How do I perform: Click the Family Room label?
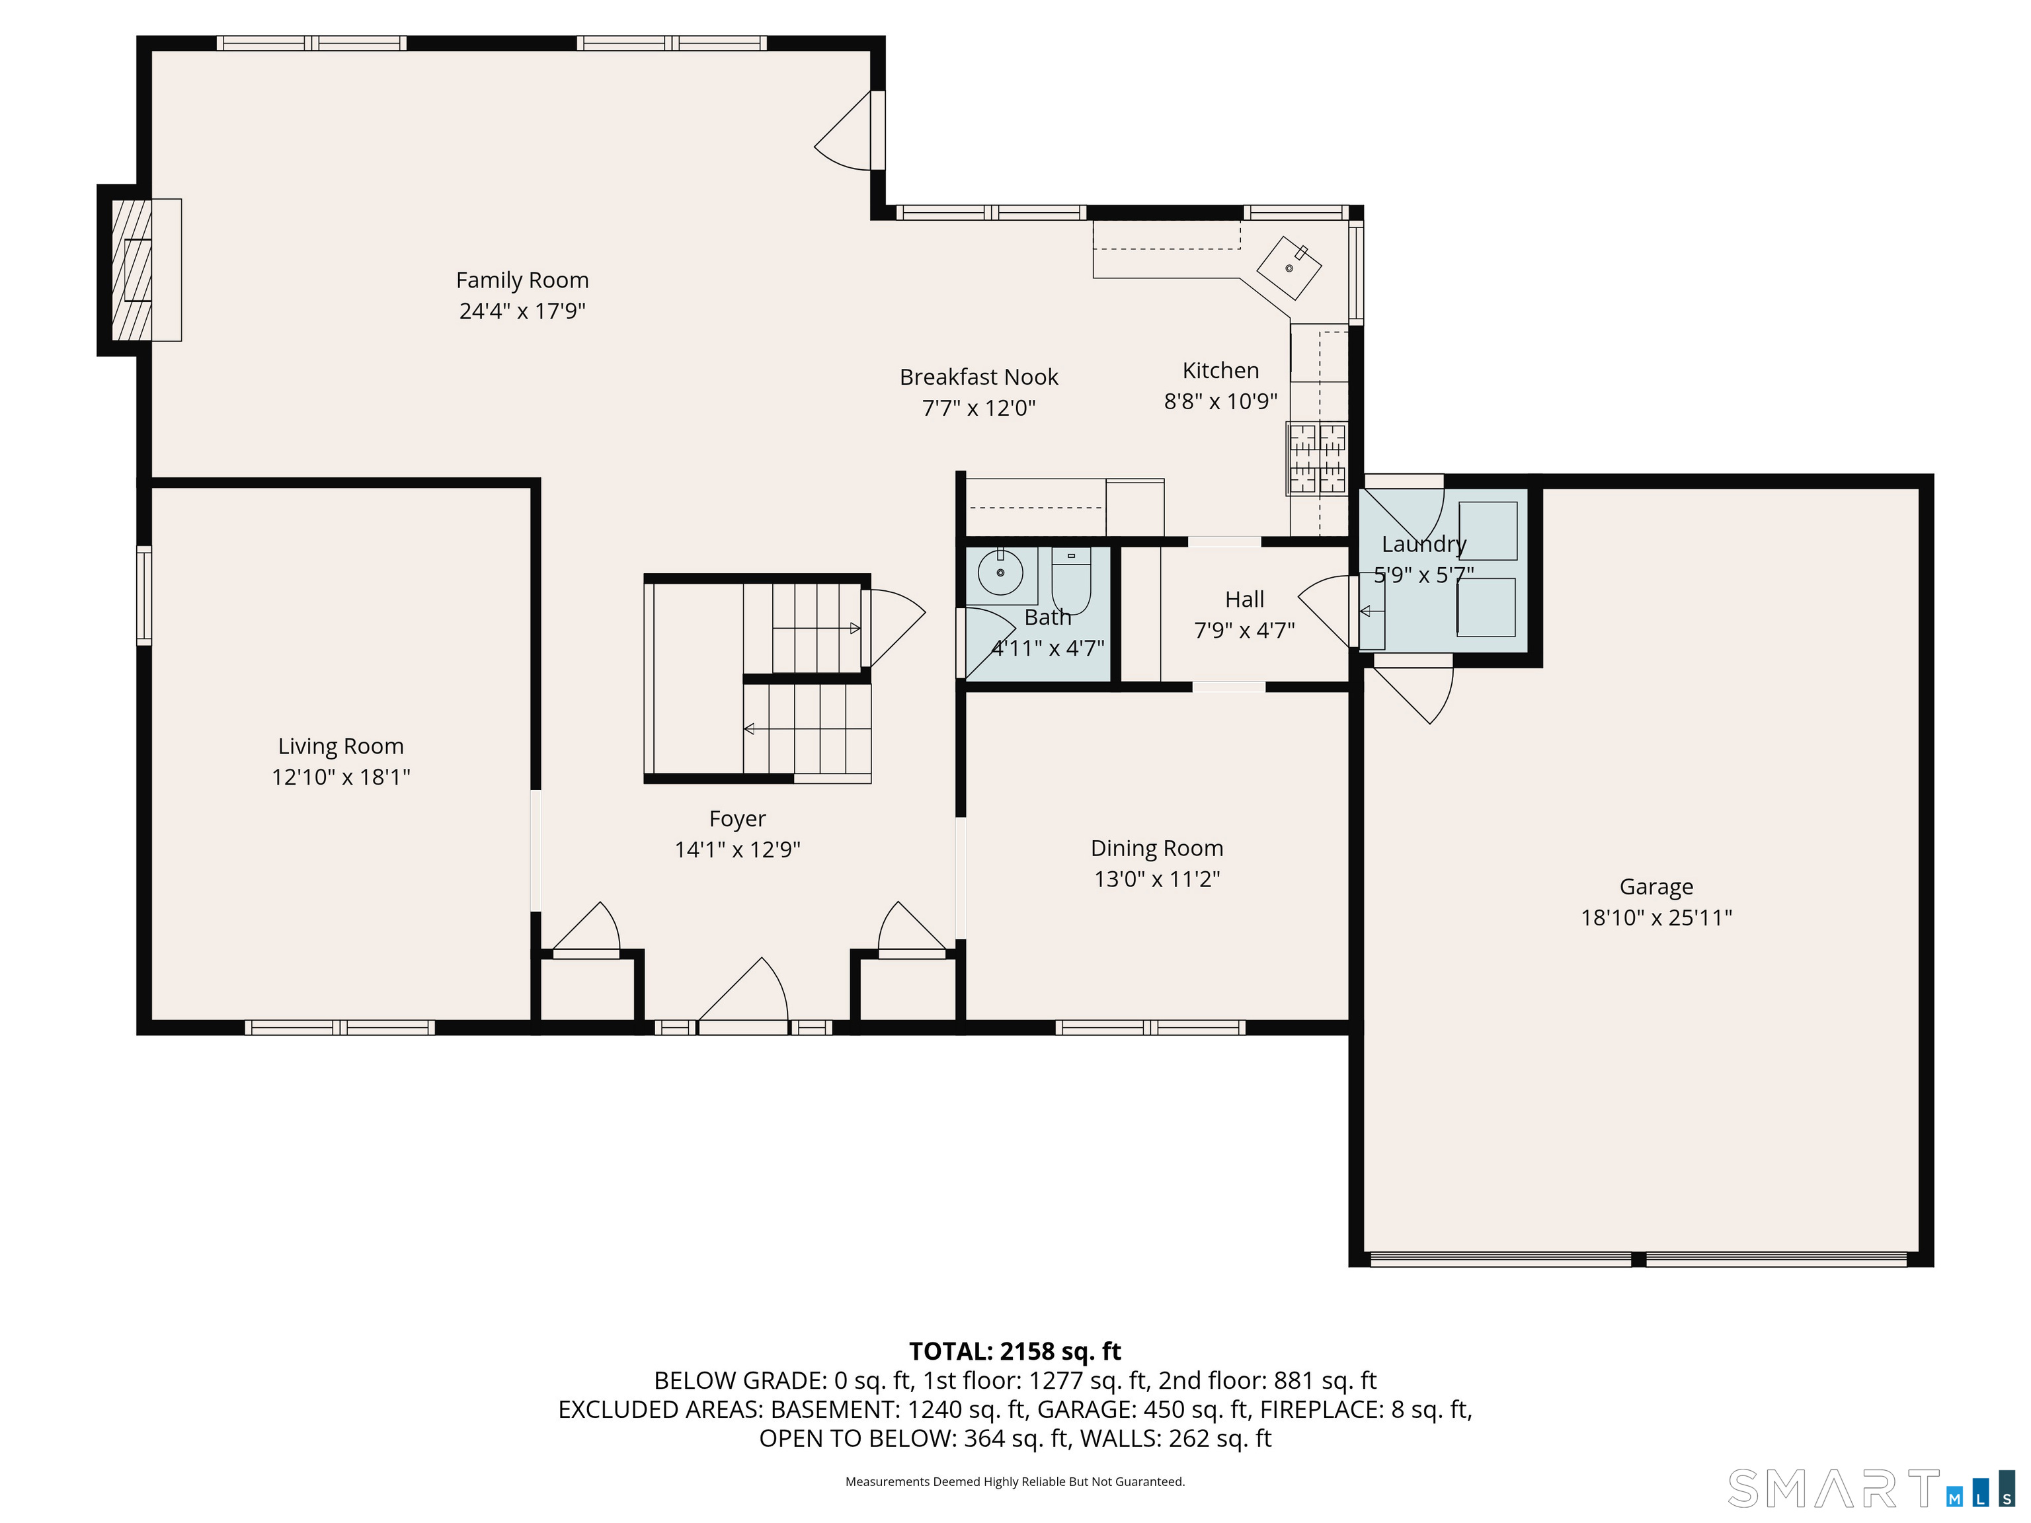[x=522, y=280]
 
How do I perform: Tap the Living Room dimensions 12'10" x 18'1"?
[x=340, y=777]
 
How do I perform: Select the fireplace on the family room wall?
[x=139, y=270]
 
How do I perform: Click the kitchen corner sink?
[x=1289, y=268]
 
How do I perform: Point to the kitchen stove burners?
[x=1317, y=458]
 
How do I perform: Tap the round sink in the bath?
[x=1000, y=574]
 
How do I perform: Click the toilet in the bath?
[x=1070, y=580]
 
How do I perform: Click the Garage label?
[x=1656, y=887]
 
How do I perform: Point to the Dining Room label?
[x=1157, y=848]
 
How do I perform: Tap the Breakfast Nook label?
[x=978, y=377]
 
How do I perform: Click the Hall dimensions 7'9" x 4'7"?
[x=1244, y=630]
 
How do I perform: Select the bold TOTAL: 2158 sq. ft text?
[x=1015, y=1351]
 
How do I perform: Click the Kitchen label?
[x=1220, y=371]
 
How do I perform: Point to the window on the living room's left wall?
[x=144, y=595]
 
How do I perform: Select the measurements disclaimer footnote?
[x=1015, y=1482]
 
